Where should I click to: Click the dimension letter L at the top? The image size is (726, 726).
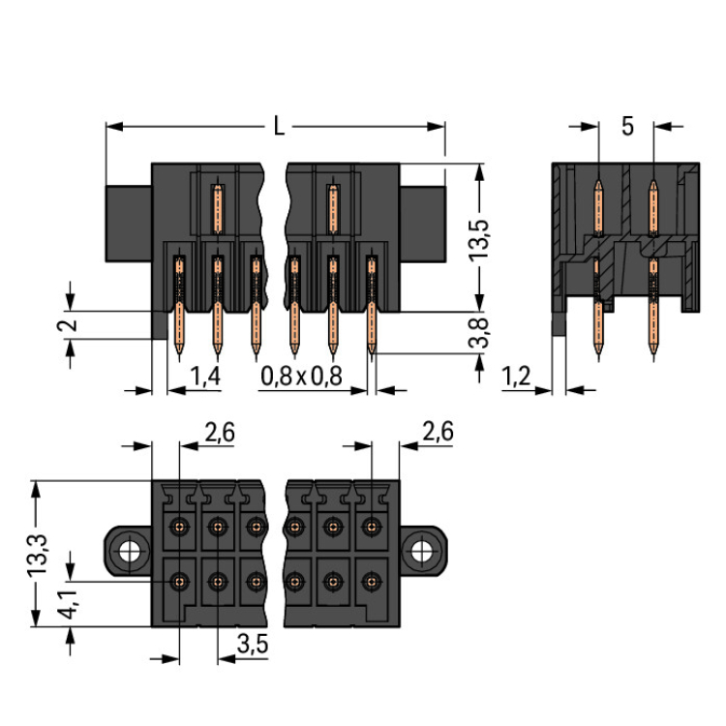coord(279,126)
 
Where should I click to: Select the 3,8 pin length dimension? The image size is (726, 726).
coord(481,332)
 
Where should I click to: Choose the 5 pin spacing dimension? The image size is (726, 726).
coord(627,127)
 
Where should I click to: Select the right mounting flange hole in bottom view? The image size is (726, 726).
coord(421,553)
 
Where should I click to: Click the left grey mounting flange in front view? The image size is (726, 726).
coord(128,222)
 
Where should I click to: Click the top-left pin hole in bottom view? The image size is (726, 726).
coord(178,527)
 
